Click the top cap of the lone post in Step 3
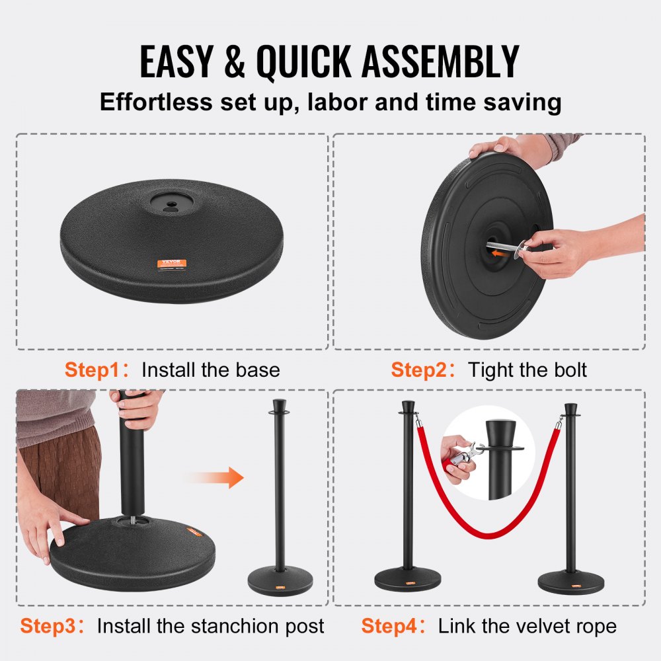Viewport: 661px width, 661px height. coord(280,407)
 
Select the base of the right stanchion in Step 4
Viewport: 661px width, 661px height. coord(570,582)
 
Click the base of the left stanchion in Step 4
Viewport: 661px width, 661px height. coord(407,580)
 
